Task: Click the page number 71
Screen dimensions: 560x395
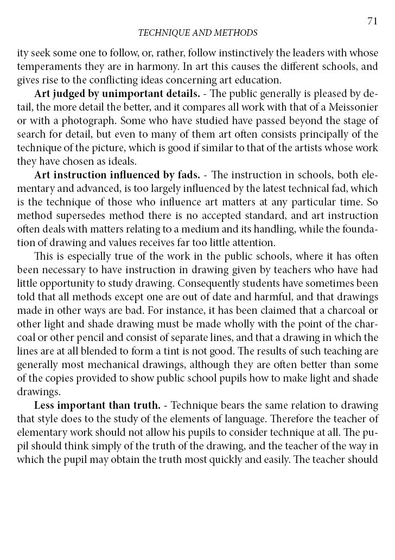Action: click(372, 21)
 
